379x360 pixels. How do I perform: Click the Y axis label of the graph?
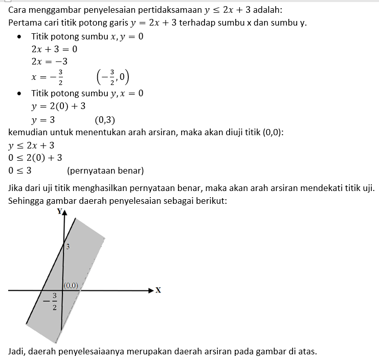(x=59, y=211)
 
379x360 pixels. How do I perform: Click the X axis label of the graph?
(x=158, y=290)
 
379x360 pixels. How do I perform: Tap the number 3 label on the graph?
(x=68, y=247)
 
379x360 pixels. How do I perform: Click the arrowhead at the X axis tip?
(x=150, y=290)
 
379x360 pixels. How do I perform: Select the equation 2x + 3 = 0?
(x=54, y=50)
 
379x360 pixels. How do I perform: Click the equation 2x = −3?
(x=50, y=62)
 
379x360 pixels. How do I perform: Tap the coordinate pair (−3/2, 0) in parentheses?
(x=113, y=77)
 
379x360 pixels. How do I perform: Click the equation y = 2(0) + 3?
(x=58, y=107)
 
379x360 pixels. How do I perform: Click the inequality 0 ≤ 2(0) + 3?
(x=35, y=158)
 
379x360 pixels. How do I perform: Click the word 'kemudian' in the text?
(x=29, y=132)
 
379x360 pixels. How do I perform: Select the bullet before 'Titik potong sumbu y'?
(x=19, y=94)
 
